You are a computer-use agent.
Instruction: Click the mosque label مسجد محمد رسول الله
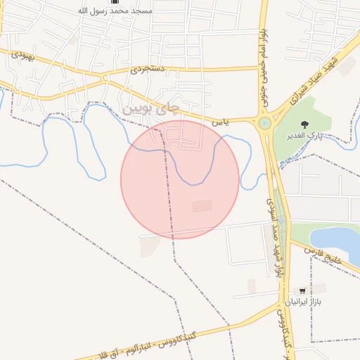click(116, 11)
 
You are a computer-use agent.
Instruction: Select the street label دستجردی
click(146, 70)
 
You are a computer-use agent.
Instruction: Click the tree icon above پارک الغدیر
click(304, 124)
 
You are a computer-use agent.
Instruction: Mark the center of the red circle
click(180, 179)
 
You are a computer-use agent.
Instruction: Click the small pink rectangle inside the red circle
click(202, 206)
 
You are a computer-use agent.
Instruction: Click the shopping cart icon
click(302, 290)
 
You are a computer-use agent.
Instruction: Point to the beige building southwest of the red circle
click(150, 246)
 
